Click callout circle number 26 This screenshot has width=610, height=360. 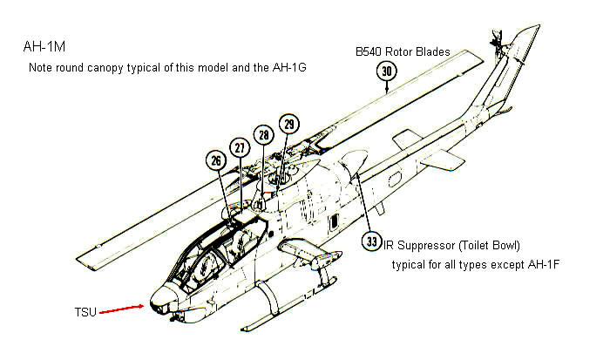tap(215, 160)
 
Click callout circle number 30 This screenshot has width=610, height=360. tap(387, 71)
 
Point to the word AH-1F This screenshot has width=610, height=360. tap(540, 263)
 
